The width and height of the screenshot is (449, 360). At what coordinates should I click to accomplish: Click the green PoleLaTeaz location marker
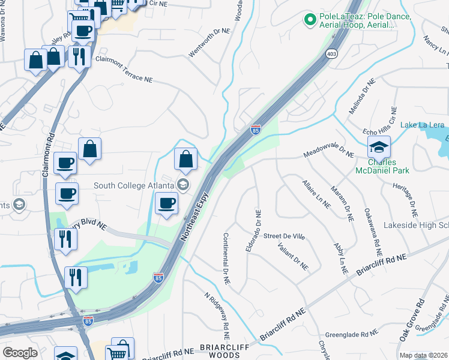click(x=310, y=20)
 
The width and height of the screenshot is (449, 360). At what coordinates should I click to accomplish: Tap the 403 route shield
click(x=332, y=55)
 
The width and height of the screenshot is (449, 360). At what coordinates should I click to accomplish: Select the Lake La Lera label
click(x=423, y=125)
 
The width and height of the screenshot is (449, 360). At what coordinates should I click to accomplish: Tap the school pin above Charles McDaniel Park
click(x=379, y=147)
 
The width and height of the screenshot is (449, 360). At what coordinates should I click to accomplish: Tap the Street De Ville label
click(x=285, y=237)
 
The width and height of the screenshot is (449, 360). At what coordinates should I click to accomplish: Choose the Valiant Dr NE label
click(x=293, y=256)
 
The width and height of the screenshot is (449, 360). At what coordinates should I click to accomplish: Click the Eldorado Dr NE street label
click(x=258, y=226)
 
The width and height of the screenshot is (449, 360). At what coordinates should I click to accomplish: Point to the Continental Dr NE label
click(x=227, y=259)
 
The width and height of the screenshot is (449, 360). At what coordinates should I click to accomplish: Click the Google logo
click(x=20, y=353)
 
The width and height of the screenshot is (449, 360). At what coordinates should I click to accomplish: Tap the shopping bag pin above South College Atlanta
click(x=186, y=160)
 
